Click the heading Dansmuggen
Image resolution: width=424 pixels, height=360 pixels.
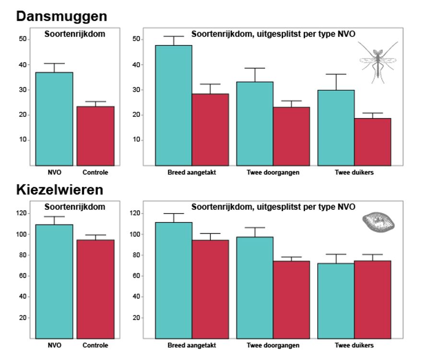point(61,16)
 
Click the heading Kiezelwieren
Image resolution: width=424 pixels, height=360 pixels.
point(59,190)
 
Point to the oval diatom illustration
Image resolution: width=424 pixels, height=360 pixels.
point(377,223)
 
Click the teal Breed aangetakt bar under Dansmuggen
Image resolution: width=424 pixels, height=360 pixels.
point(174,105)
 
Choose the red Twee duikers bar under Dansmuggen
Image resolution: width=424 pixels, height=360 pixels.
point(372,142)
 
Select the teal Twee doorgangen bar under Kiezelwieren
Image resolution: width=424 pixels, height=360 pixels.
point(255,288)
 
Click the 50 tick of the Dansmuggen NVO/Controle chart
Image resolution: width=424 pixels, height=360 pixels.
point(22,39)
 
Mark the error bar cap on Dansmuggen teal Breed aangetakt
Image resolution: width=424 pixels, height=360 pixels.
point(174,36)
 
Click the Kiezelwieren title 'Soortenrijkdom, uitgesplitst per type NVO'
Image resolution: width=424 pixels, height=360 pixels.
point(273,207)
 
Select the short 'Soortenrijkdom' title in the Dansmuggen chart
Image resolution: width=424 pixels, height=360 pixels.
point(75,34)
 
